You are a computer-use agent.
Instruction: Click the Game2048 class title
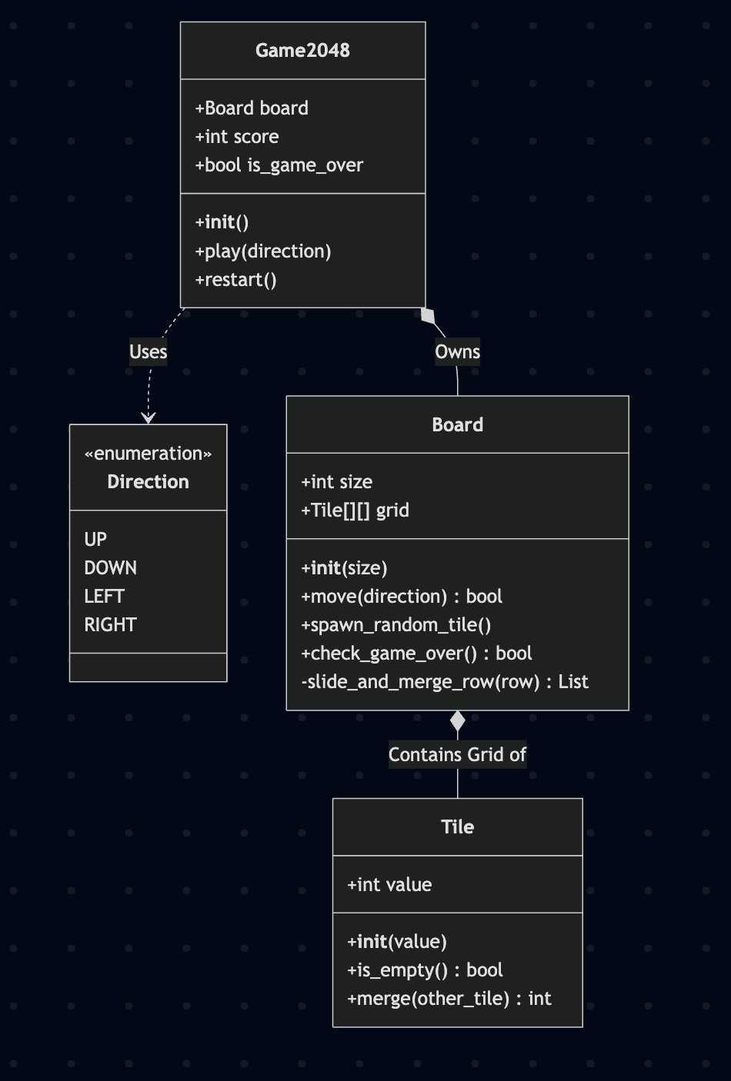click(302, 51)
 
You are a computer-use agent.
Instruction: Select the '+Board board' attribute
click(252, 108)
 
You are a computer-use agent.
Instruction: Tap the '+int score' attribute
click(237, 137)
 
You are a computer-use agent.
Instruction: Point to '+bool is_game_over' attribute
click(279, 165)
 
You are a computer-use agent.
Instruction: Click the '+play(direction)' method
click(263, 251)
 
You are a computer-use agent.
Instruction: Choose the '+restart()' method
click(235, 280)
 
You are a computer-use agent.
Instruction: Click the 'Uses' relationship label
click(148, 352)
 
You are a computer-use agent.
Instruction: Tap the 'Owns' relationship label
click(457, 352)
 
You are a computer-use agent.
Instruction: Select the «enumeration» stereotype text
click(148, 454)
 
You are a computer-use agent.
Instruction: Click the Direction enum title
click(148, 482)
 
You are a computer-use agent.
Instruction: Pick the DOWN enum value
click(110, 568)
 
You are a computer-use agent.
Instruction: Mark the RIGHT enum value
click(110, 625)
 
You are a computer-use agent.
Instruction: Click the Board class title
click(457, 425)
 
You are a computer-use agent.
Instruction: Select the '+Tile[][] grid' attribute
click(355, 511)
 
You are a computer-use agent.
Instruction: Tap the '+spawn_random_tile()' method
click(396, 625)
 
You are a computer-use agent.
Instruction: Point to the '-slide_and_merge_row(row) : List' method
click(444, 682)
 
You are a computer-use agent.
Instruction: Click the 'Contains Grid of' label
click(457, 755)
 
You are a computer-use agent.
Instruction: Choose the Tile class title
click(457, 827)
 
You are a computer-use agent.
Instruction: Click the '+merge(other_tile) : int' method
click(449, 999)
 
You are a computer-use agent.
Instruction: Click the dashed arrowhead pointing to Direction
click(149, 418)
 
